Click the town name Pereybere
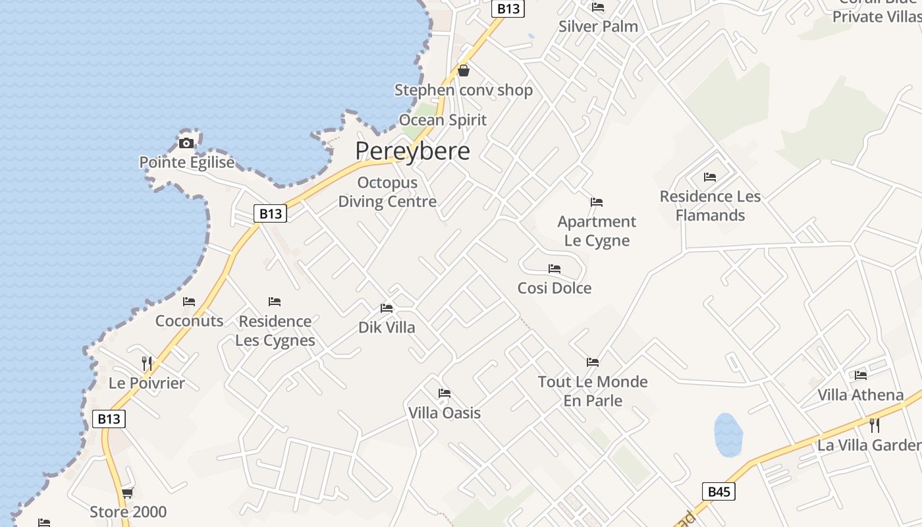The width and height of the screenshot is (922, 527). pos(412,152)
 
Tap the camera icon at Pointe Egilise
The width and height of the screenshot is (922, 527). pos(186,143)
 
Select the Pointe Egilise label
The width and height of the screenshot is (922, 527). pos(186,162)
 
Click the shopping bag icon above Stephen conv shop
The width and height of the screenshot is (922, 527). pos(464,70)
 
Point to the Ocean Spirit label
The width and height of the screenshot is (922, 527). pos(443,120)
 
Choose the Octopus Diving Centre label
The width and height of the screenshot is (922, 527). pos(387,192)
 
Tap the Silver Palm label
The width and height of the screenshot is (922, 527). pos(598,26)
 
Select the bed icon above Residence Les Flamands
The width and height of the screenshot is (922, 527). pos(709,177)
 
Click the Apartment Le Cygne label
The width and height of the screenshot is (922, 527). pos(597,231)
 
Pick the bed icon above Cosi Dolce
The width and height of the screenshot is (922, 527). pos(555,269)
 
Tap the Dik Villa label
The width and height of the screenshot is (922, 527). pos(387,327)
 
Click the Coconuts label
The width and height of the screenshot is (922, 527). pos(189,321)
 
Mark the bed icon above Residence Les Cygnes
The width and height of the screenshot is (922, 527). pos(275,302)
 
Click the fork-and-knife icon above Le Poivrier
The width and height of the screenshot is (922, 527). pos(147,363)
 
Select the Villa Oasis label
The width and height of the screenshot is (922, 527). pos(445,413)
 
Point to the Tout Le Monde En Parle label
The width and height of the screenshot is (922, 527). pos(593,391)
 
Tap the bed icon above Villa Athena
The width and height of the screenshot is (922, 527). pos(861,375)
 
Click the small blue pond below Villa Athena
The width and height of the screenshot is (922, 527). pos(728,435)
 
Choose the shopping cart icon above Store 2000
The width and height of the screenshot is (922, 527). pos(128,493)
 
